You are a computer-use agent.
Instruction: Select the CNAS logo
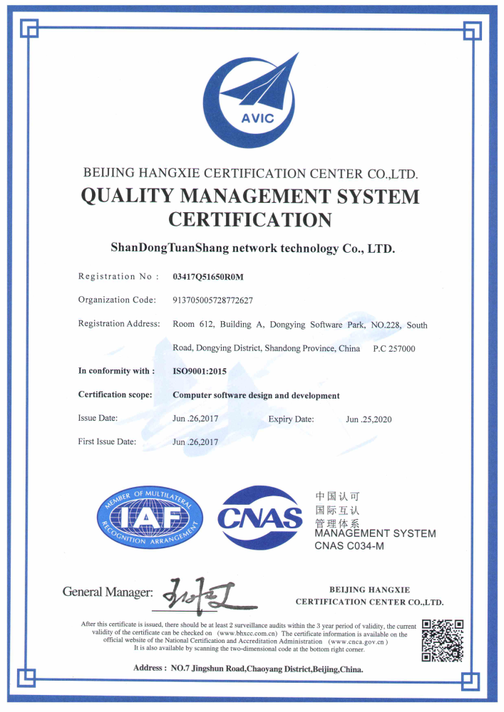pos(259,518)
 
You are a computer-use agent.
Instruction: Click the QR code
pos(443,639)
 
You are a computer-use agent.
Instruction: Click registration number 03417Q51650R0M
pos(213,276)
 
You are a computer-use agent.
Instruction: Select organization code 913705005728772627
pos(213,300)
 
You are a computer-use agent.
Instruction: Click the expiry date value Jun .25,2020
pos(369,419)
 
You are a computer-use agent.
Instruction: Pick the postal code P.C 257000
pos(394,349)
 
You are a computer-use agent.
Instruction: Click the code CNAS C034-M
pos(349,546)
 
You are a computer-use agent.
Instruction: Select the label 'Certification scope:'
pos(115,395)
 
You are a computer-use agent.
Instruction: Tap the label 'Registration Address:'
pos(119,324)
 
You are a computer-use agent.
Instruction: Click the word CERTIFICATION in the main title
pos(250,219)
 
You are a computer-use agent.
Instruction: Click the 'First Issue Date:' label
pos(107,442)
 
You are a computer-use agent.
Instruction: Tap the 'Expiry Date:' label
pos(291,419)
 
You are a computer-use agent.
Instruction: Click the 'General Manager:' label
pos(108,592)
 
